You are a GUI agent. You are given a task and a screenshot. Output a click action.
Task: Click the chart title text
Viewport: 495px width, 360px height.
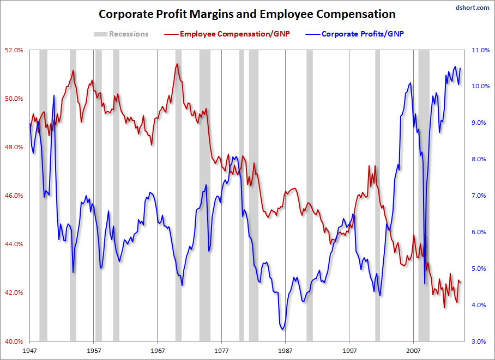pos(247,14)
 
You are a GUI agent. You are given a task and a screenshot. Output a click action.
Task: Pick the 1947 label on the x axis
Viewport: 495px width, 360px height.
pos(30,352)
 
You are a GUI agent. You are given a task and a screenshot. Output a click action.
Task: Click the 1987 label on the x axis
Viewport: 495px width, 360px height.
pos(285,352)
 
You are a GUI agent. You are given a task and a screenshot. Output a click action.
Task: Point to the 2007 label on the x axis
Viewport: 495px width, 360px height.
pos(413,352)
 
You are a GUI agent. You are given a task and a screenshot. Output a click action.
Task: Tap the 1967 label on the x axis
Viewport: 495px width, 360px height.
pos(158,352)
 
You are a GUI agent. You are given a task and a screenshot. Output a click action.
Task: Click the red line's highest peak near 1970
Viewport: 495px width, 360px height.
pos(177,64)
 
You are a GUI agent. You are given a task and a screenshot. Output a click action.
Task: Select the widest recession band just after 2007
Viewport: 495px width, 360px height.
pos(424,196)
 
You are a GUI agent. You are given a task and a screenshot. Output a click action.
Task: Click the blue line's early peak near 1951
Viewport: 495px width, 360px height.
pos(54,96)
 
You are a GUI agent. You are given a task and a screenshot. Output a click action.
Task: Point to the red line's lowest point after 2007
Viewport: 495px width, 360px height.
pos(444,308)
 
